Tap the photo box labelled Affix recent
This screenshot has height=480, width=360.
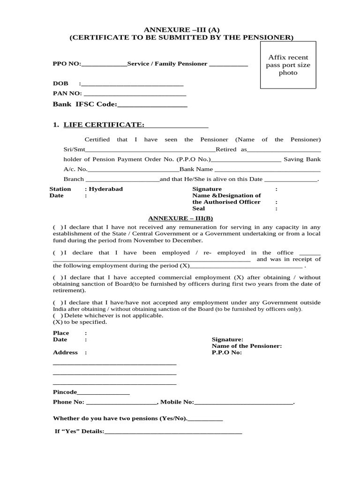[x=288, y=65]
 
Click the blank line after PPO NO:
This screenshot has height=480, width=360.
[x=104, y=64]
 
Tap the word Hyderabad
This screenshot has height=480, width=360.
[x=106, y=189]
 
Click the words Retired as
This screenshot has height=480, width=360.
[x=231, y=150]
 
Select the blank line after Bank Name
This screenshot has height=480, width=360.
[x=267, y=170]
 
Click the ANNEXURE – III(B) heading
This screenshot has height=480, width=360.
[x=180, y=218]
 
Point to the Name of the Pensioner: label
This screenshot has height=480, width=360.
[x=247, y=346]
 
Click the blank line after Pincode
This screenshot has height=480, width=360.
[x=103, y=392]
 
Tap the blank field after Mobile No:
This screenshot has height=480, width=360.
[x=243, y=403]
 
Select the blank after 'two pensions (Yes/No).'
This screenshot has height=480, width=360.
[x=205, y=419]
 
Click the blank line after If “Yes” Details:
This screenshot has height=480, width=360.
[x=173, y=432]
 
